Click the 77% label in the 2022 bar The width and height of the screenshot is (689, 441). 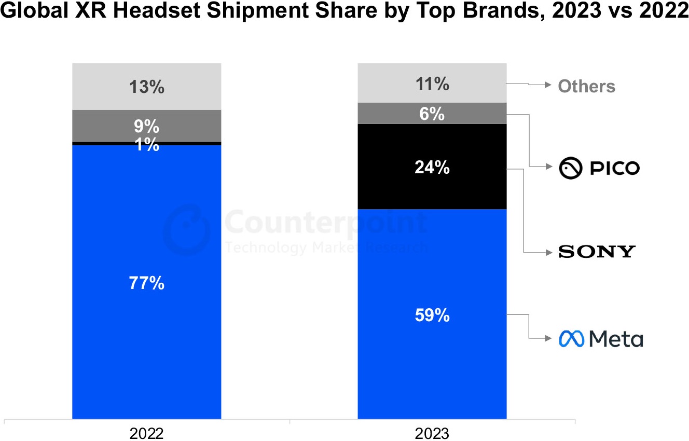click(x=147, y=283)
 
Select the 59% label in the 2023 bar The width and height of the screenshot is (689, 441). click(x=432, y=315)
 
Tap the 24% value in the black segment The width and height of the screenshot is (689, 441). click(x=432, y=168)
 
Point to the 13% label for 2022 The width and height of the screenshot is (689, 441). click(x=147, y=87)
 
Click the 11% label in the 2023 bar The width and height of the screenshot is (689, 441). click(x=432, y=84)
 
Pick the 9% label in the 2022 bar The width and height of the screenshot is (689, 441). click(x=147, y=126)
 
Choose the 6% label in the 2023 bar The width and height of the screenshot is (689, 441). click(x=432, y=114)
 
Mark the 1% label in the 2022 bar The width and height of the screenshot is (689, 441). click(x=147, y=145)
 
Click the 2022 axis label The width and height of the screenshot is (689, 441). click(x=147, y=433)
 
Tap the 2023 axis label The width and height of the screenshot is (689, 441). click(x=432, y=433)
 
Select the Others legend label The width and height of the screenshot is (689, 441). click(x=586, y=86)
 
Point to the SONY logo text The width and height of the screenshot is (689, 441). click(x=597, y=252)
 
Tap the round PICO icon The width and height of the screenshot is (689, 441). click(x=570, y=168)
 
